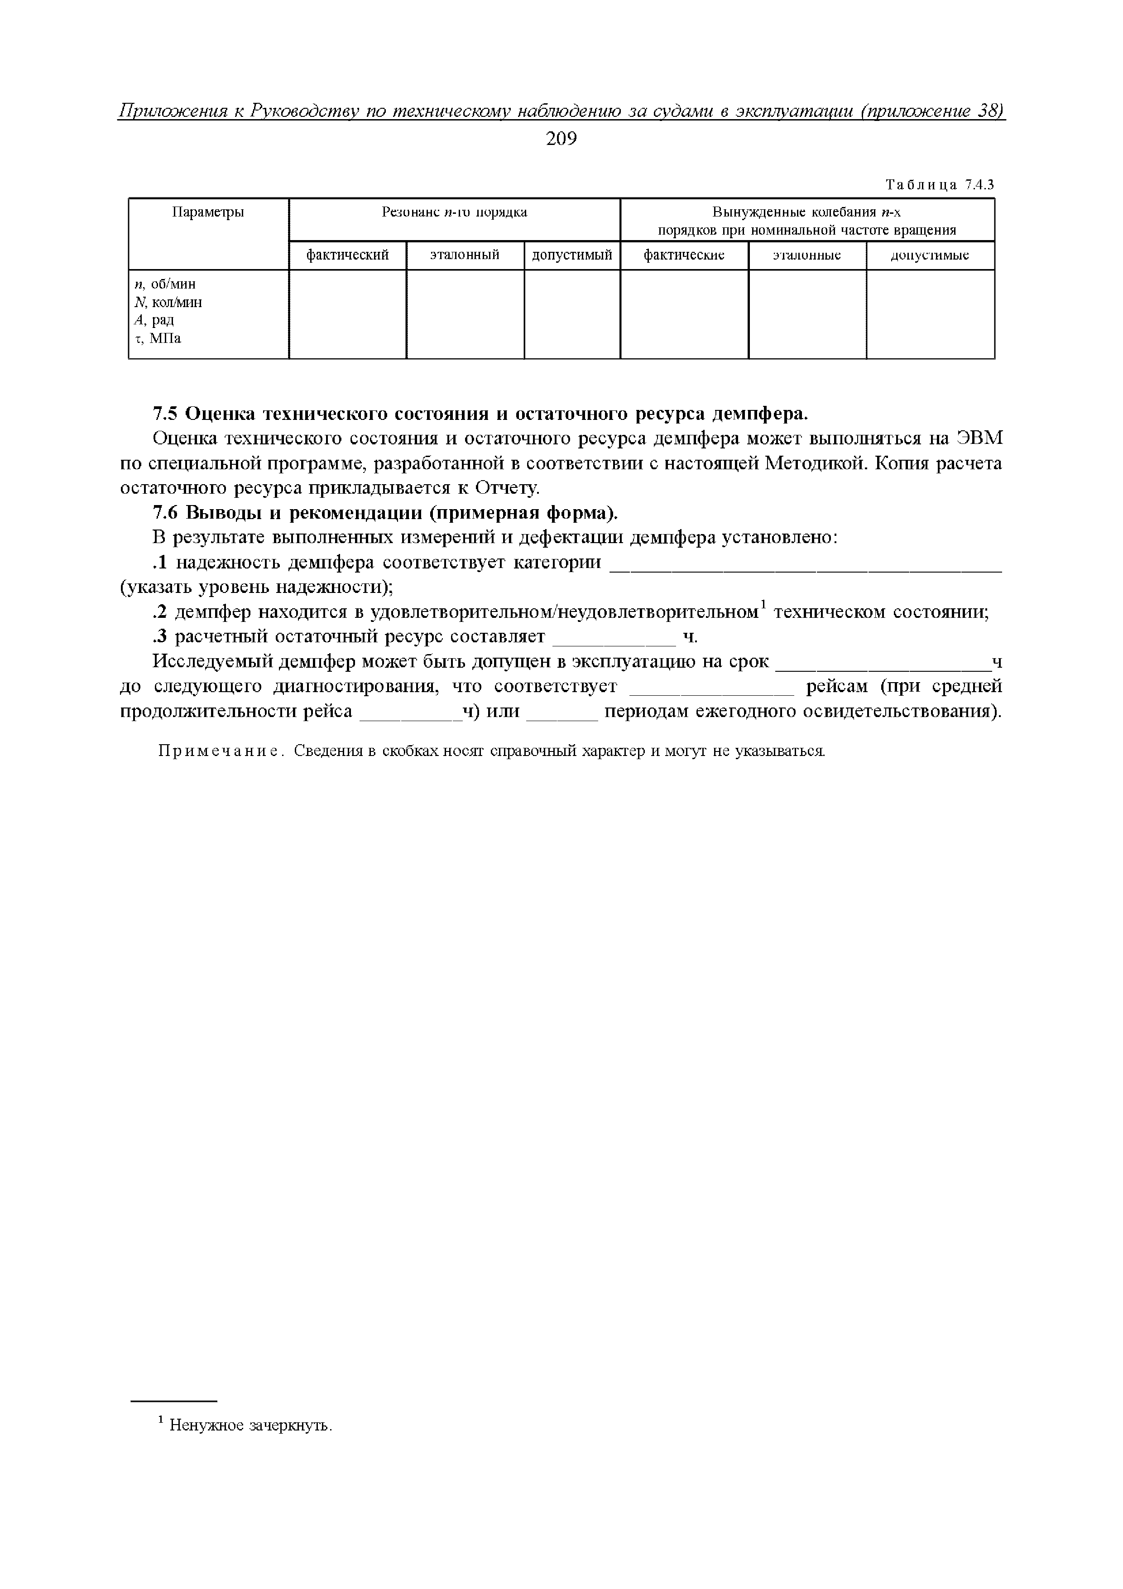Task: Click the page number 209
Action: pyautogui.click(x=561, y=139)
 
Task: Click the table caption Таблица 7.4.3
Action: pyautogui.click(x=940, y=185)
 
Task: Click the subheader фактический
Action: pyautogui.click(x=347, y=255)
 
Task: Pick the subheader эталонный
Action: pyautogui.click(x=465, y=255)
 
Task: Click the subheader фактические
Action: pyautogui.click(x=684, y=255)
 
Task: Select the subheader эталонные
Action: pyautogui.click(x=807, y=255)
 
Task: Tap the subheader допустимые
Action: pyautogui.click(x=930, y=255)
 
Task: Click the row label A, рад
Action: pyautogui.click(x=154, y=320)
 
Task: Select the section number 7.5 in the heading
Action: pyautogui.click(x=165, y=414)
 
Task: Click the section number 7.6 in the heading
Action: pyautogui.click(x=165, y=514)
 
